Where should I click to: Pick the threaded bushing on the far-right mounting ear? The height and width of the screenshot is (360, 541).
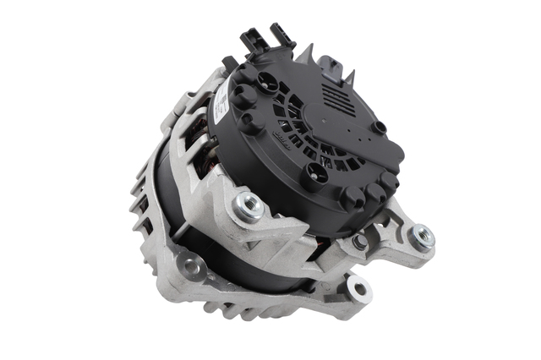(x=419, y=236)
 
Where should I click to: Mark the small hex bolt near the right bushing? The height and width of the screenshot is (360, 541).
(x=359, y=242)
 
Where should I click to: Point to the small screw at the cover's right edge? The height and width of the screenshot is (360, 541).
(x=380, y=128)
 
